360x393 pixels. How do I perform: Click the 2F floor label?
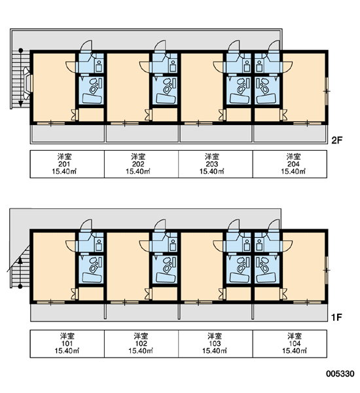click(x=336, y=140)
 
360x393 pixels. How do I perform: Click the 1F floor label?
click(x=336, y=318)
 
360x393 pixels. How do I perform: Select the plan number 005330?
click(x=340, y=374)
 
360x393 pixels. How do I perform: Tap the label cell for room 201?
click(x=67, y=164)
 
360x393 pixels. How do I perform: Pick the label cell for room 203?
click(x=215, y=164)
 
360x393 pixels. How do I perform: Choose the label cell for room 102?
click(x=141, y=344)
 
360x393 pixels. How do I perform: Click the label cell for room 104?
click(x=290, y=344)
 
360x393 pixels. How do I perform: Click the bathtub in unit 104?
click(x=266, y=278)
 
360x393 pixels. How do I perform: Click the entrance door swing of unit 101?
click(x=86, y=225)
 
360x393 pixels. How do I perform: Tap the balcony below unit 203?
click(x=216, y=134)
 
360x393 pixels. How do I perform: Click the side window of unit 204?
click(x=327, y=91)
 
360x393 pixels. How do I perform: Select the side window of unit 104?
click(x=327, y=270)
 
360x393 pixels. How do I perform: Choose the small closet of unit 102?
click(x=165, y=293)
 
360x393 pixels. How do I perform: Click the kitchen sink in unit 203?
click(x=247, y=65)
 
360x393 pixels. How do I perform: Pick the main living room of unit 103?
click(x=202, y=266)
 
